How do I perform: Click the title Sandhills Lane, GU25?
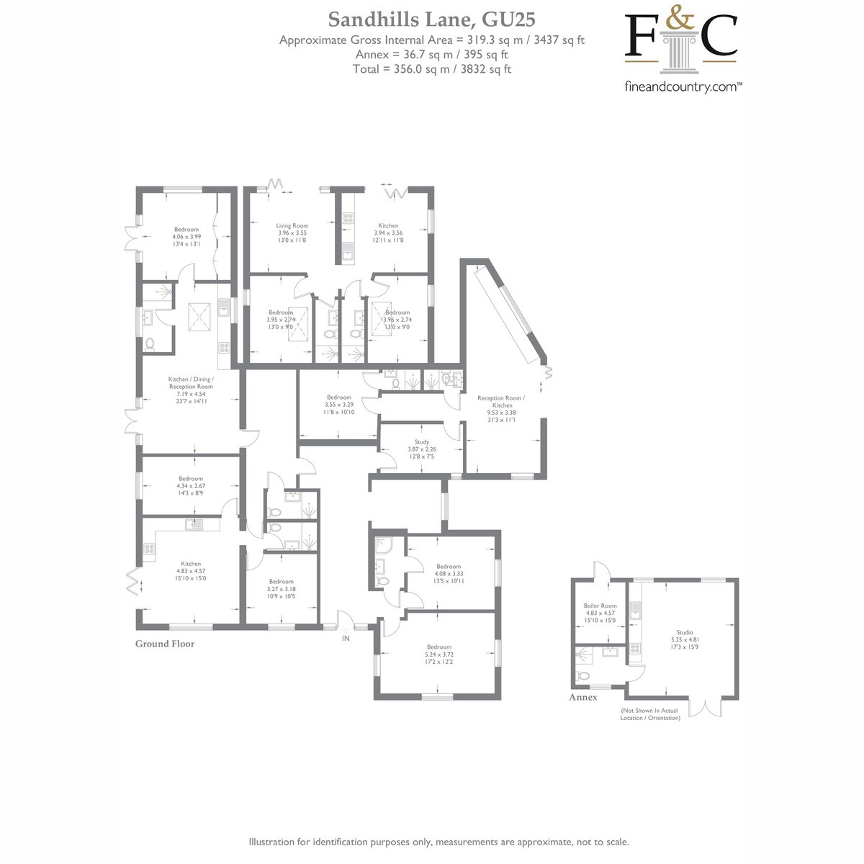click(431, 19)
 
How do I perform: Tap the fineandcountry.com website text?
click(683, 86)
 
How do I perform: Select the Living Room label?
click(292, 225)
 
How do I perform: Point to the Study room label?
click(421, 441)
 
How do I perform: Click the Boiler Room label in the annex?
click(600, 606)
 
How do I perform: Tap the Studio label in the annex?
click(685, 632)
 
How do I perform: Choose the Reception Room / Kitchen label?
click(501, 401)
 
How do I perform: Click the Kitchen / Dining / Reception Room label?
click(191, 382)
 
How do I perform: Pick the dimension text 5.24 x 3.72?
click(439, 654)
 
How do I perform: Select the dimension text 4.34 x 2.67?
click(191, 485)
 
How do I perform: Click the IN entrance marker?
click(346, 638)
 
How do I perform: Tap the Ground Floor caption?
click(165, 644)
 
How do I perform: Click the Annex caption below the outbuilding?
click(583, 697)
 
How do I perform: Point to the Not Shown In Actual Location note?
click(649, 714)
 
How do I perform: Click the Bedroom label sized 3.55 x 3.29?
click(339, 397)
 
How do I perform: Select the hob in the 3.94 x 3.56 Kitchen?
click(348, 218)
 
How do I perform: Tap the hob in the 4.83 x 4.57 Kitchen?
click(149, 549)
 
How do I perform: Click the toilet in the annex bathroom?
click(583, 675)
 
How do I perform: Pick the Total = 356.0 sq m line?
click(432, 69)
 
